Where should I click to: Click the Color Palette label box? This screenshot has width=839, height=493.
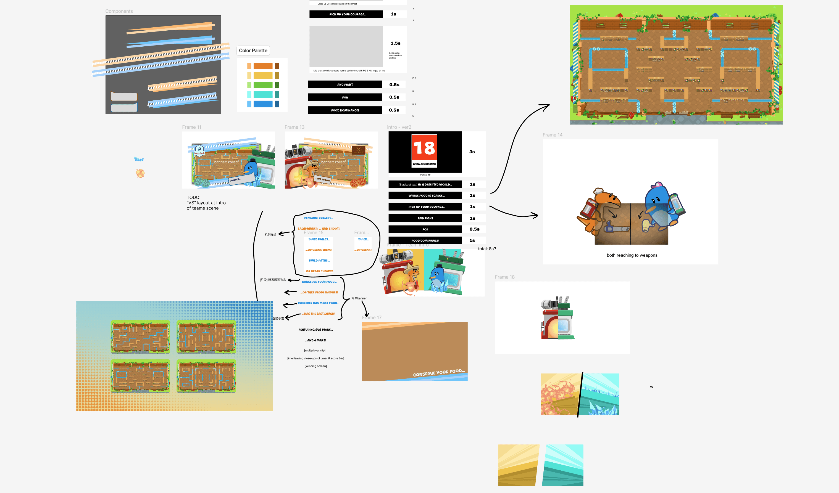tap(253, 51)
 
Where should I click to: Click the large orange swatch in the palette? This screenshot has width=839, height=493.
tap(263, 66)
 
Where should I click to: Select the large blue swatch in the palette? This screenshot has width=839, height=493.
tap(263, 104)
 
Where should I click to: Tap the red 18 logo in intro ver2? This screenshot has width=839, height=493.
tap(424, 150)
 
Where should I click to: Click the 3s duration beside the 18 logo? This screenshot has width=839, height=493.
tap(472, 152)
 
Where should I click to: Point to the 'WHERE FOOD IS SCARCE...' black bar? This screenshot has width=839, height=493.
tap(425, 196)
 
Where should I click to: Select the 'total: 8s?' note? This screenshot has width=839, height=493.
tap(487, 249)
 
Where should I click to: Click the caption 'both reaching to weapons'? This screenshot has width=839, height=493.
tap(632, 255)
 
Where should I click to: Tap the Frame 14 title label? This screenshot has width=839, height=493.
tap(552, 135)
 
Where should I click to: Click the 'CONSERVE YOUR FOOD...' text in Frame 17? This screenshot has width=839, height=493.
tap(438, 373)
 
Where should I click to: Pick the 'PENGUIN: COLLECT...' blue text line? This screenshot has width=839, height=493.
tap(318, 218)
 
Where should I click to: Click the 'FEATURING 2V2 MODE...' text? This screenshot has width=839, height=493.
tap(315, 330)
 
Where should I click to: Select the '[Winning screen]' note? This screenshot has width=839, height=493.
tap(315, 366)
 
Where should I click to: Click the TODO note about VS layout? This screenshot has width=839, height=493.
tap(206, 203)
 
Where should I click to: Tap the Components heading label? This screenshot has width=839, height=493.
tap(119, 11)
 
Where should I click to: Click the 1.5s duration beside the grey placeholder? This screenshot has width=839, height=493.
tap(395, 43)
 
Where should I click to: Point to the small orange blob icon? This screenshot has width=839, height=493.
tap(140, 173)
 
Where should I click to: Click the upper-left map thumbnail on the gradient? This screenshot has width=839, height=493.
tap(140, 337)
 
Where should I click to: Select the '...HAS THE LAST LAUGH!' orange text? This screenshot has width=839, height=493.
tap(318, 314)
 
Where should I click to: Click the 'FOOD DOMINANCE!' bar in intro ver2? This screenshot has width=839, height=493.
tap(425, 240)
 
